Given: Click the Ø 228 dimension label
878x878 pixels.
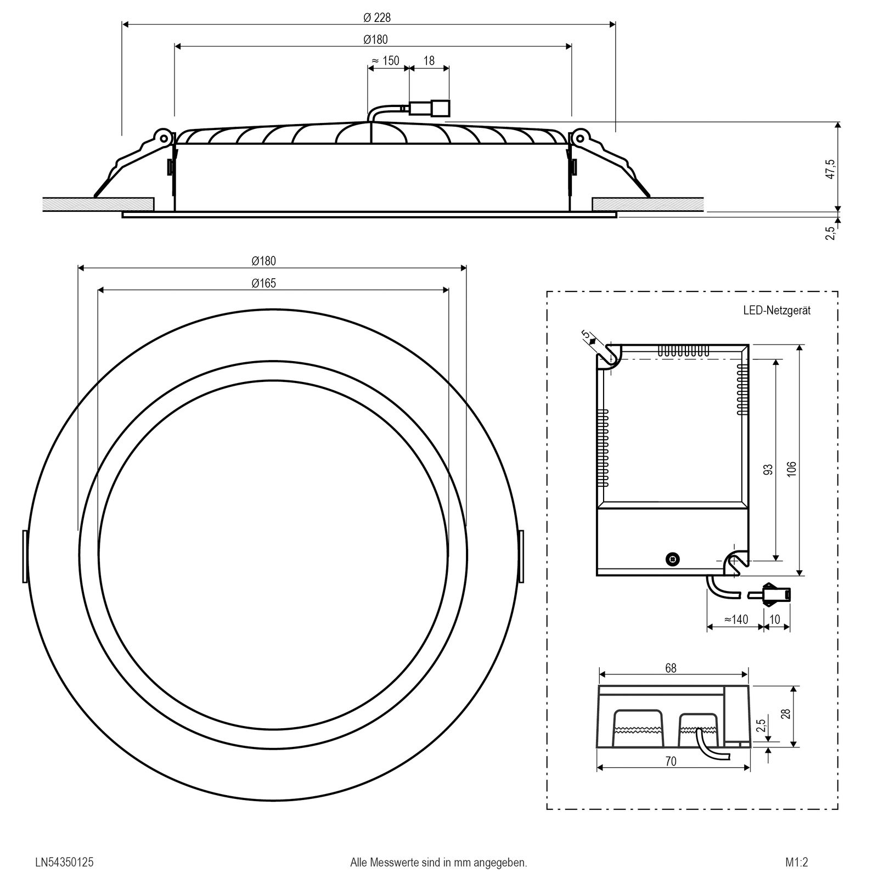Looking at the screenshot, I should pos(377,18).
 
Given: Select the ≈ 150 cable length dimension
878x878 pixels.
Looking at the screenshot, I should pos(386,60).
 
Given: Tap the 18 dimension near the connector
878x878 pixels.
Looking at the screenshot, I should pos(429,60).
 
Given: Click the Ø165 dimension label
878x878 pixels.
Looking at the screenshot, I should pos(264,283).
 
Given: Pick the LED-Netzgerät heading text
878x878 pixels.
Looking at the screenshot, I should pos(776,311).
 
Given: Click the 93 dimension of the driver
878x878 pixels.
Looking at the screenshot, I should pos(768,469).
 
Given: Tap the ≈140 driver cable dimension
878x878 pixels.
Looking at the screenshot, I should pos(736,620).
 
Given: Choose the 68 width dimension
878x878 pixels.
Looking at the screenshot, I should pos(671,668).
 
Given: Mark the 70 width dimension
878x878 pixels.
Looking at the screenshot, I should pos(671,762).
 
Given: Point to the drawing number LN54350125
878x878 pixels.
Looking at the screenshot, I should pos(64,847).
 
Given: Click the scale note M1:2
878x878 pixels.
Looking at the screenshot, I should pos(797,847).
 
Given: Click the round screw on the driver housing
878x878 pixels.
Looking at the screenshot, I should pos(671,559).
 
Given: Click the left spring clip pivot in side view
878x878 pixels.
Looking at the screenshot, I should pos(162,136).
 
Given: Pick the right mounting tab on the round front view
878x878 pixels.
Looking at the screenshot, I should pos(521,556).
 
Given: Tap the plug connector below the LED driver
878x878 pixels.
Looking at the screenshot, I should pos(776,594).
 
